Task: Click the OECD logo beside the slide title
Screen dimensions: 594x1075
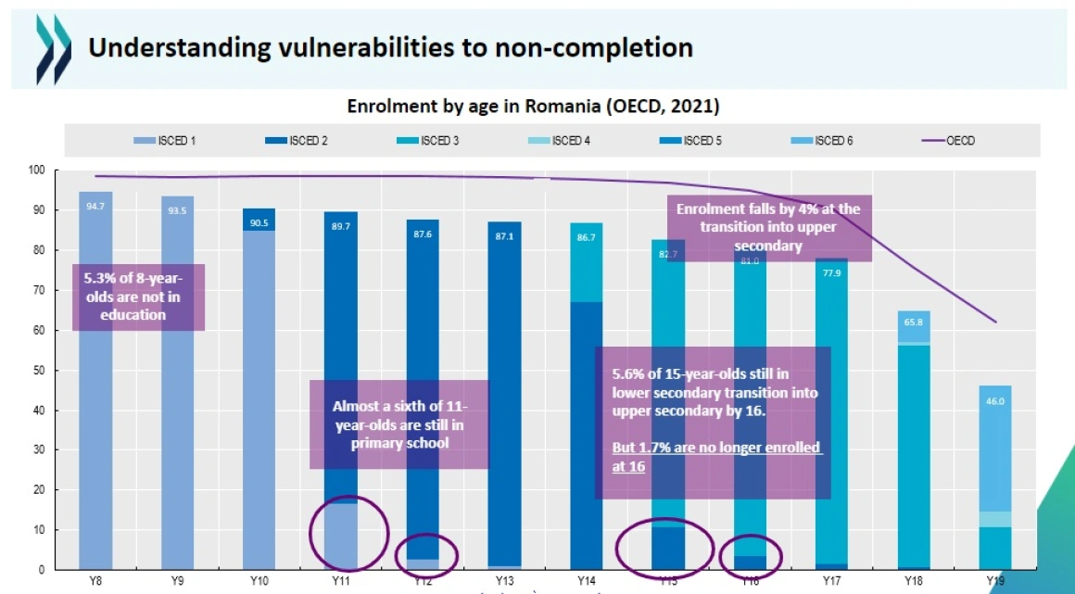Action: [x=53, y=49]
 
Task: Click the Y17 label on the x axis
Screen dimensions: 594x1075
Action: [x=831, y=580]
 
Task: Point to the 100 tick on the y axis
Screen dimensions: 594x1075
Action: [x=36, y=171]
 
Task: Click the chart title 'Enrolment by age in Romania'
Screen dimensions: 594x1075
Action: [x=533, y=107]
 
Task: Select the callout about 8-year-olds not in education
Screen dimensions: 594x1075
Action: [x=138, y=297]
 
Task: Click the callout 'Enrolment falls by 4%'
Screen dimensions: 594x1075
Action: [x=767, y=228]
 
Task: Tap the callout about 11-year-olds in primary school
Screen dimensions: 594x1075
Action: [x=399, y=423]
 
